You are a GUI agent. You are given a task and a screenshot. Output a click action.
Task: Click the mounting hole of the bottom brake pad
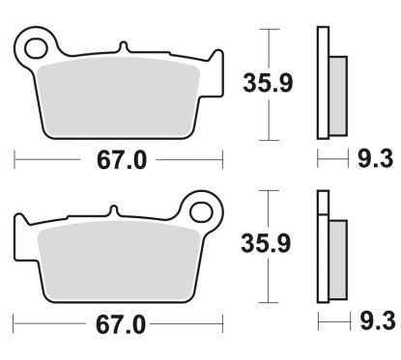pyautogui.click(x=201, y=207)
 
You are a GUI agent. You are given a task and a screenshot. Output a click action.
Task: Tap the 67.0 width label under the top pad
pyautogui.click(x=121, y=160)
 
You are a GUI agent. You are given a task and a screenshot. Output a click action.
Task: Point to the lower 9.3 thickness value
pyautogui.click(x=374, y=324)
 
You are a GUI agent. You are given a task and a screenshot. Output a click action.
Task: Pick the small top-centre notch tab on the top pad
pyautogui.click(x=123, y=47)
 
